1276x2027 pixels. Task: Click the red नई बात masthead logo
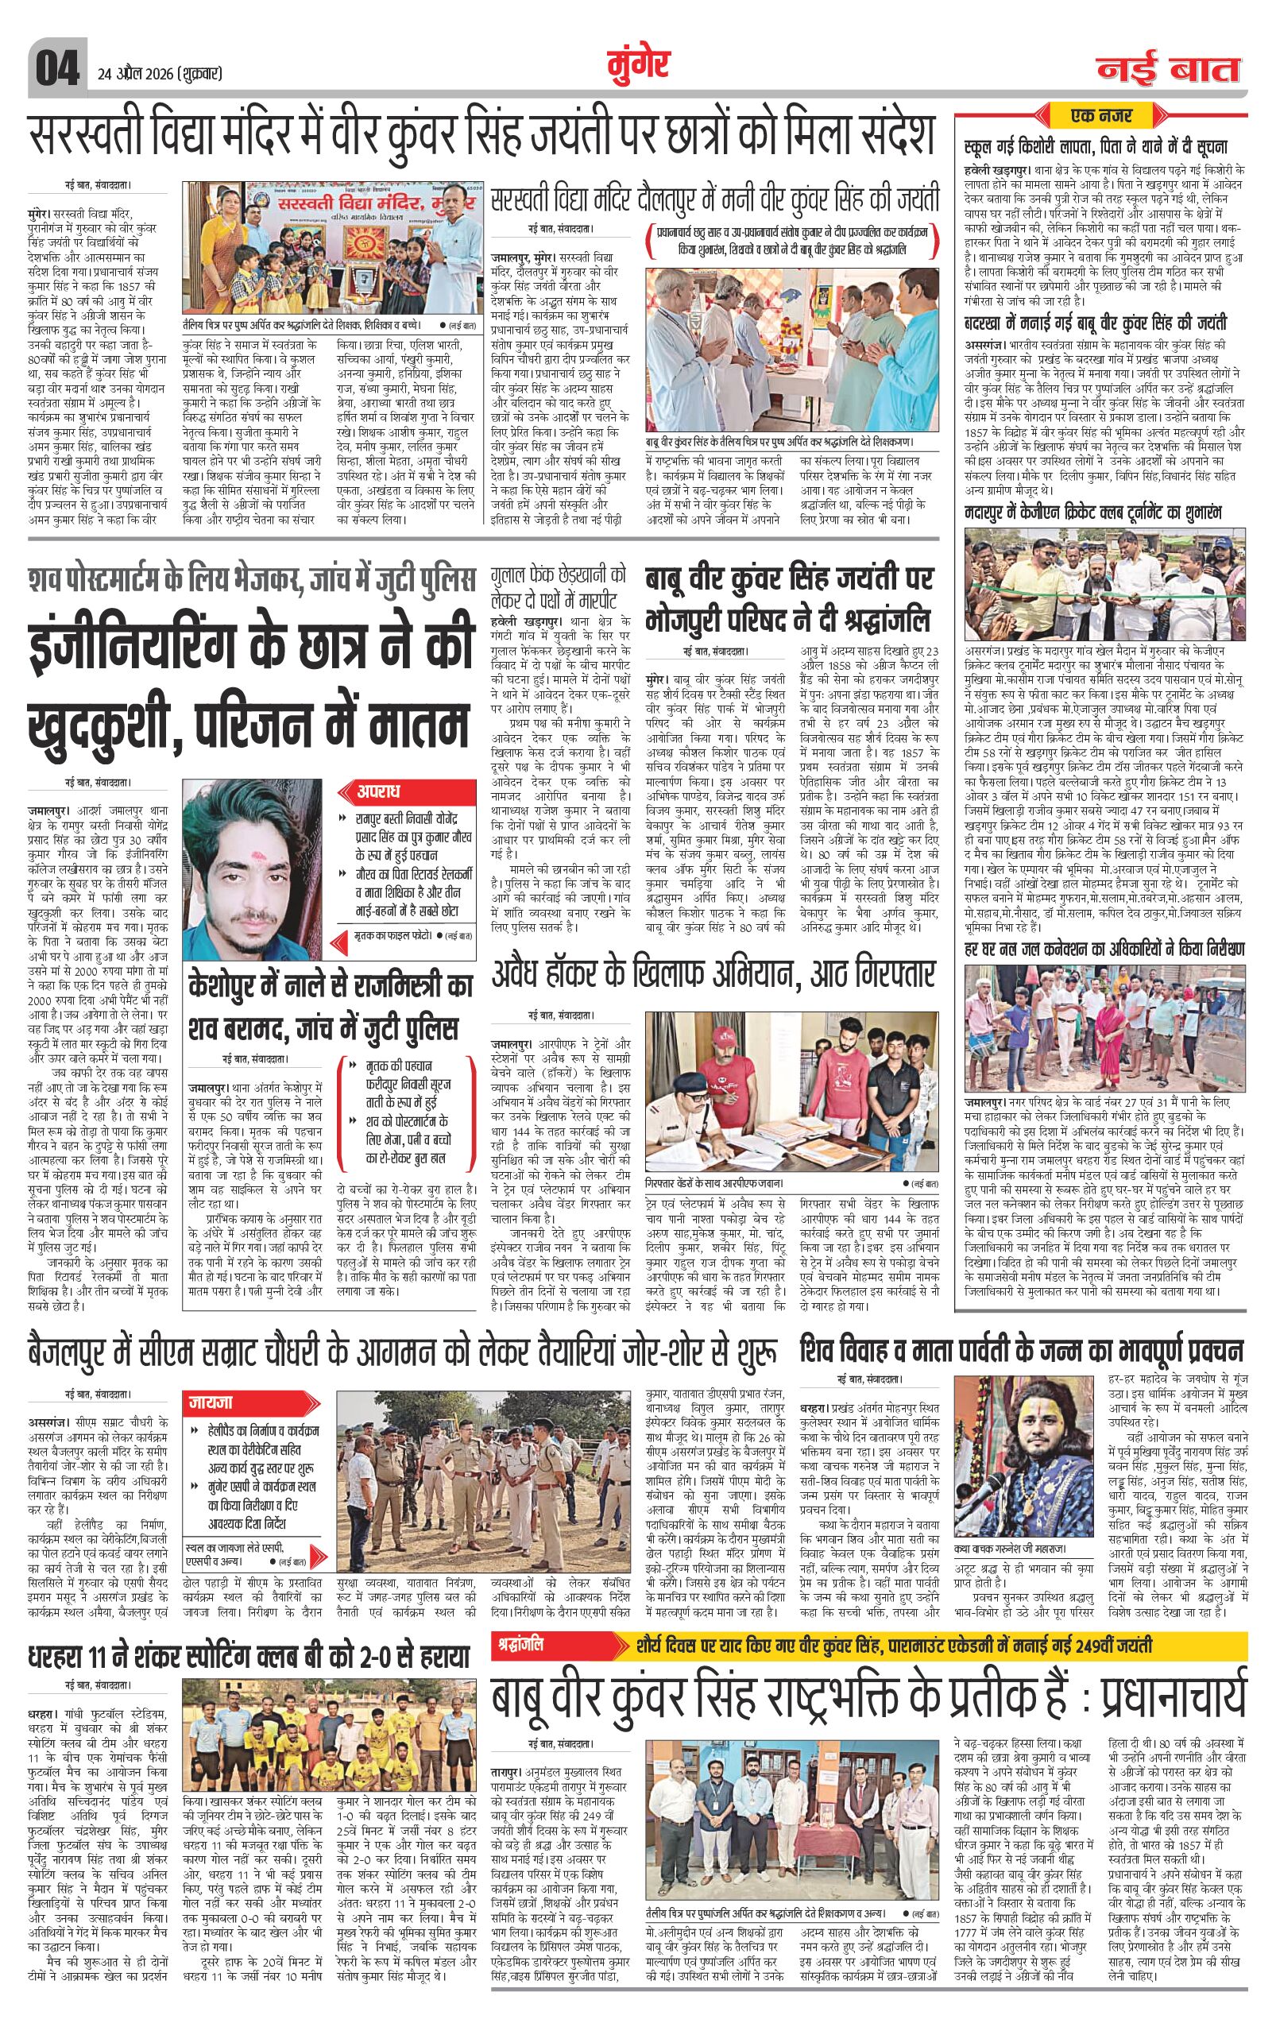coord(1168,70)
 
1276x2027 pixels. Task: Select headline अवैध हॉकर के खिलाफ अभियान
coord(713,975)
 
